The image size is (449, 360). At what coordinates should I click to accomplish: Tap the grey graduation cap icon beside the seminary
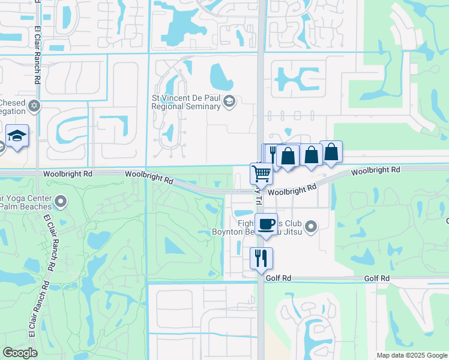pyautogui.click(x=229, y=103)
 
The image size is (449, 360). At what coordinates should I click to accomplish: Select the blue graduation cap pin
pyautogui.click(x=17, y=137)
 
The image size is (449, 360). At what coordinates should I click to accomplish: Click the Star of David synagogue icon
pyautogui.click(x=34, y=106)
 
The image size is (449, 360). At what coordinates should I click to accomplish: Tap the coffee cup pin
pyautogui.click(x=267, y=225)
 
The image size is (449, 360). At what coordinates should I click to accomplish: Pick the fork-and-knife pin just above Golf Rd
pyautogui.click(x=261, y=259)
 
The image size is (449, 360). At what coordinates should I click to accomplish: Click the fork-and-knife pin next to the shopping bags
pyautogui.click(x=273, y=154)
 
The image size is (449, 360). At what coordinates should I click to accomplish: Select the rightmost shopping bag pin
pyautogui.click(x=331, y=152)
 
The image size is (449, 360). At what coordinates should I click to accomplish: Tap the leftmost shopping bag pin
pyautogui.click(x=289, y=157)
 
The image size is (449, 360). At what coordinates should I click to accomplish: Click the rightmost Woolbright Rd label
pyautogui.click(x=375, y=170)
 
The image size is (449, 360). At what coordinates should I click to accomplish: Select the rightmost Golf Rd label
pyautogui.click(x=377, y=278)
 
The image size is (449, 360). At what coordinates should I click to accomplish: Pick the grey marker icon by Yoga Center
pyautogui.click(x=60, y=200)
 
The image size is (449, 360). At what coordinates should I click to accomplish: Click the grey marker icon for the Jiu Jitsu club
pyautogui.click(x=310, y=226)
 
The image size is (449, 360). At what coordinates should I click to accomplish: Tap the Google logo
pyautogui.click(x=20, y=353)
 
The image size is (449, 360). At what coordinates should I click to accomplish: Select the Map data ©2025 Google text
pyautogui.click(x=412, y=355)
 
